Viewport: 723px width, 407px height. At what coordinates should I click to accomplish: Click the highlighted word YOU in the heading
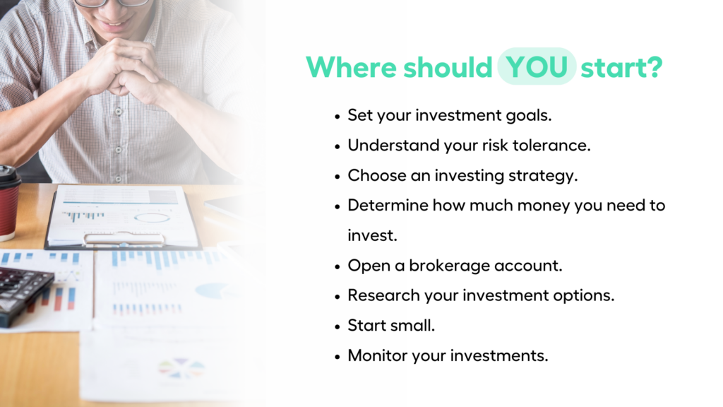click(x=537, y=67)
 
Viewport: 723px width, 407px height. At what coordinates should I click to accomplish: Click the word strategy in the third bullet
click(x=543, y=176)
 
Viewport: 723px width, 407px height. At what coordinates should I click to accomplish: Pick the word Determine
click(x=388, y=206)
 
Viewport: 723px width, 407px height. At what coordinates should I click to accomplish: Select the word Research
click(x=383, y=295)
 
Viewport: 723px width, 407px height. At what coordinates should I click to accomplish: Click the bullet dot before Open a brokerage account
click(x=337, y=267)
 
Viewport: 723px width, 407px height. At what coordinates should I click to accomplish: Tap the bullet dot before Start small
click(x=337, y=327)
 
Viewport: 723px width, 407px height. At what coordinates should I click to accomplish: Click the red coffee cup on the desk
click(x=9, y=203)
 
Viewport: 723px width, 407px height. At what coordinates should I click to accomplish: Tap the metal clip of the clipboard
click(x=124, y=238)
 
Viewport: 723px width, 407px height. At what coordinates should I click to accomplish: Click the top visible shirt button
click(x=119, y=112)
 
